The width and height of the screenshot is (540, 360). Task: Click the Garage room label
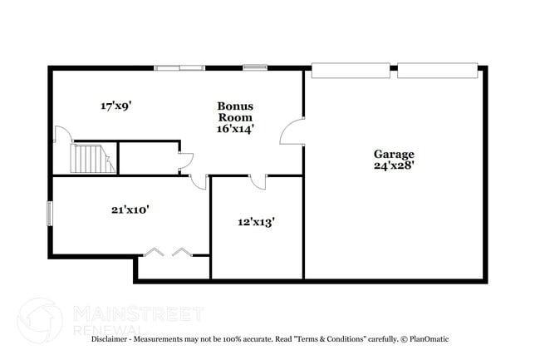coord(394,154)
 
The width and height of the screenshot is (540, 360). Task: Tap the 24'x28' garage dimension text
coord(394,165)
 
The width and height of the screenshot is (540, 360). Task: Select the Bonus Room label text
coord(235,111)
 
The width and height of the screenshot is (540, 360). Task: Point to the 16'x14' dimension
coord(235,129)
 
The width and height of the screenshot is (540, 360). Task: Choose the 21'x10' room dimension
coord(130,210)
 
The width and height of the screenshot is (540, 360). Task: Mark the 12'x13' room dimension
coord(257,222)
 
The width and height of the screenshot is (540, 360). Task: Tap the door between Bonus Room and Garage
coord(292,133)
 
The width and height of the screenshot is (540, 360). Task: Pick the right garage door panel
coord(437,69)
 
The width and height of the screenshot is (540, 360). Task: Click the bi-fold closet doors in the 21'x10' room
coord(168,250)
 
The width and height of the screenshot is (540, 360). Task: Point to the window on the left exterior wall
coord(49,213)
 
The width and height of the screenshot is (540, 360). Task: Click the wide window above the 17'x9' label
coord(180,67)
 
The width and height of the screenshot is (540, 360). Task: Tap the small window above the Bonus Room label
coord(254,67)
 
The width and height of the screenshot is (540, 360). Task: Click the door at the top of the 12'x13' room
coord(258,182)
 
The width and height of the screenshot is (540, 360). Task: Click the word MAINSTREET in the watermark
coord(138,313)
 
